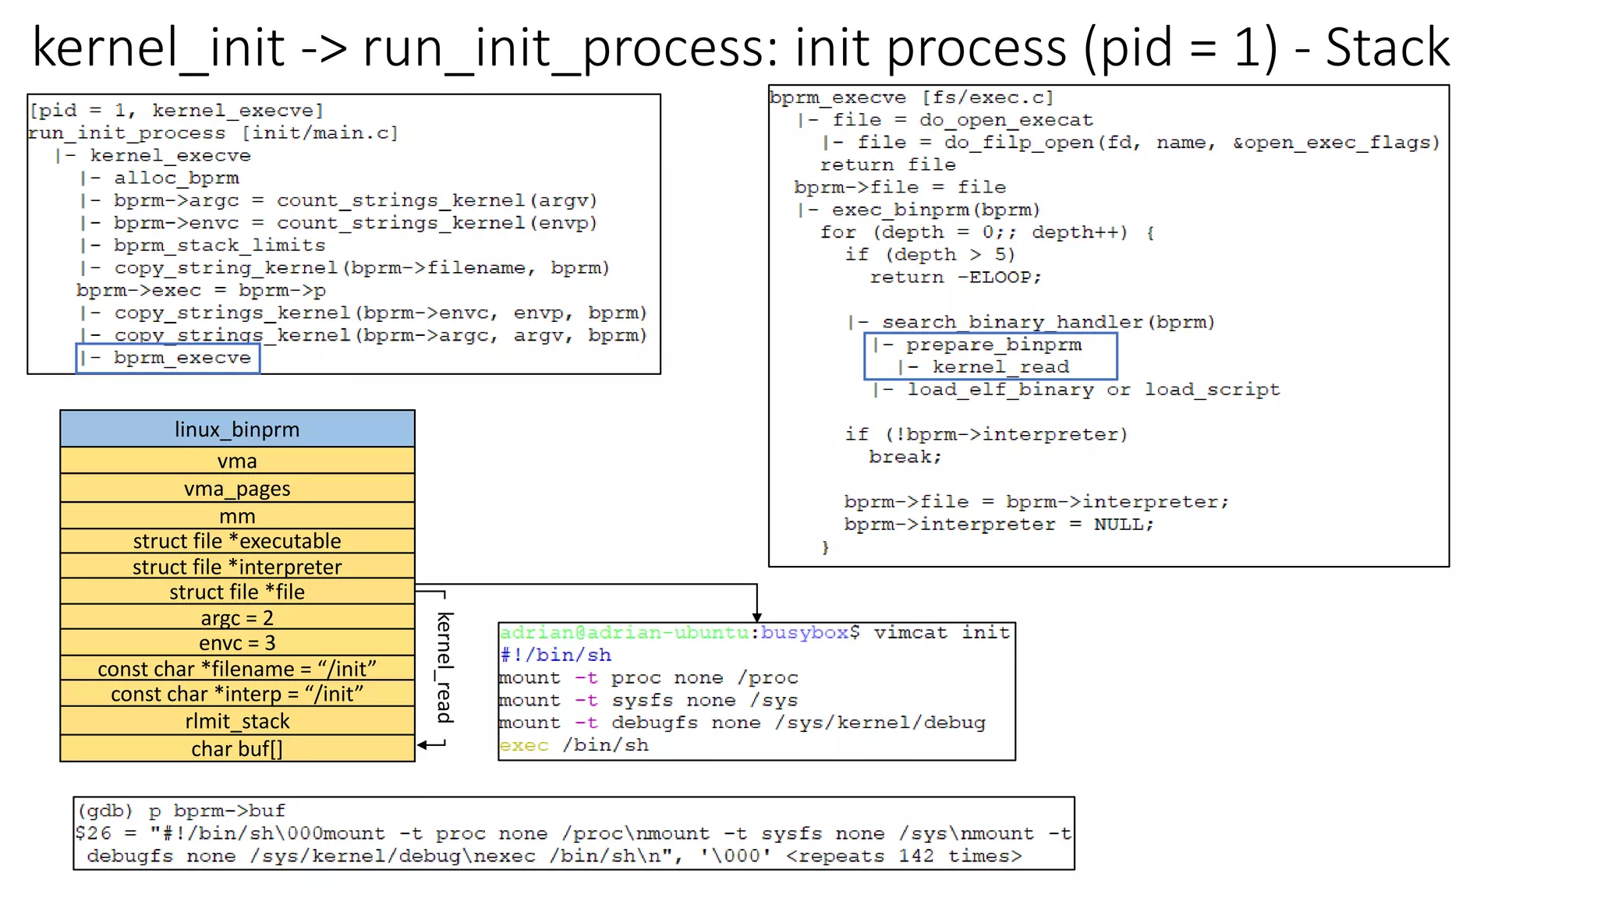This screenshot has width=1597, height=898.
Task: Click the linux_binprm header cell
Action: [x=237, y=430]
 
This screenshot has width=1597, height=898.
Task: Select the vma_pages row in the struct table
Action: [x=237, y=489]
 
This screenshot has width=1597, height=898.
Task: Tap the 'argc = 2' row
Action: [x=237, y=618]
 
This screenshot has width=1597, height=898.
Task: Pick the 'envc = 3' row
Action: [x=237, y=643]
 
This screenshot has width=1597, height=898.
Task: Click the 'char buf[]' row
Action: [x=237, y=749]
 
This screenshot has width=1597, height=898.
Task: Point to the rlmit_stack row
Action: [x=237, y=721]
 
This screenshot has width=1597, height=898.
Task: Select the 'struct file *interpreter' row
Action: [x=237, y=567]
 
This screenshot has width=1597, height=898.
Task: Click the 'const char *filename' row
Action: [x=237, y=669]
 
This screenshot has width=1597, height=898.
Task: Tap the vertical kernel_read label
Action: [x=444, y=667]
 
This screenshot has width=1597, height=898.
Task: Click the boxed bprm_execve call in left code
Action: [x=168, y=358]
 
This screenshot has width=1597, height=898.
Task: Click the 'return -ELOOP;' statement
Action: [x=955, y=278]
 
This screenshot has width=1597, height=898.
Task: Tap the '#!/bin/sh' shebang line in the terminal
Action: [x=556, y=655]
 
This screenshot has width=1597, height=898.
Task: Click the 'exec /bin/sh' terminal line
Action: [x=574, y=745]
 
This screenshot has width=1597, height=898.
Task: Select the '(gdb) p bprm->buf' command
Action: [x=182, y=811]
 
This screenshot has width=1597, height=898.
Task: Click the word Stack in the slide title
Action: [x=1387, y=48]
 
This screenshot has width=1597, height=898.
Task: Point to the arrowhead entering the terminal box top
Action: [x=756, y=617]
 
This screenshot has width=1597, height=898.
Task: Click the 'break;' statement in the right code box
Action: [x=905, y=457]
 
